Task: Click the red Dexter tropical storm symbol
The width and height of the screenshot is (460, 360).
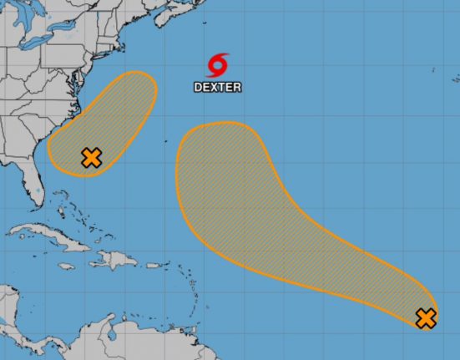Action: coord(218,64)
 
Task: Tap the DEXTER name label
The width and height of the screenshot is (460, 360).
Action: coord(218,86)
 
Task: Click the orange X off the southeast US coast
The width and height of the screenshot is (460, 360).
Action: coord(91,157)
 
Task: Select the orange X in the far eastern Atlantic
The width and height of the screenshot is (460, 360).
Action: coord(426,317)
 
